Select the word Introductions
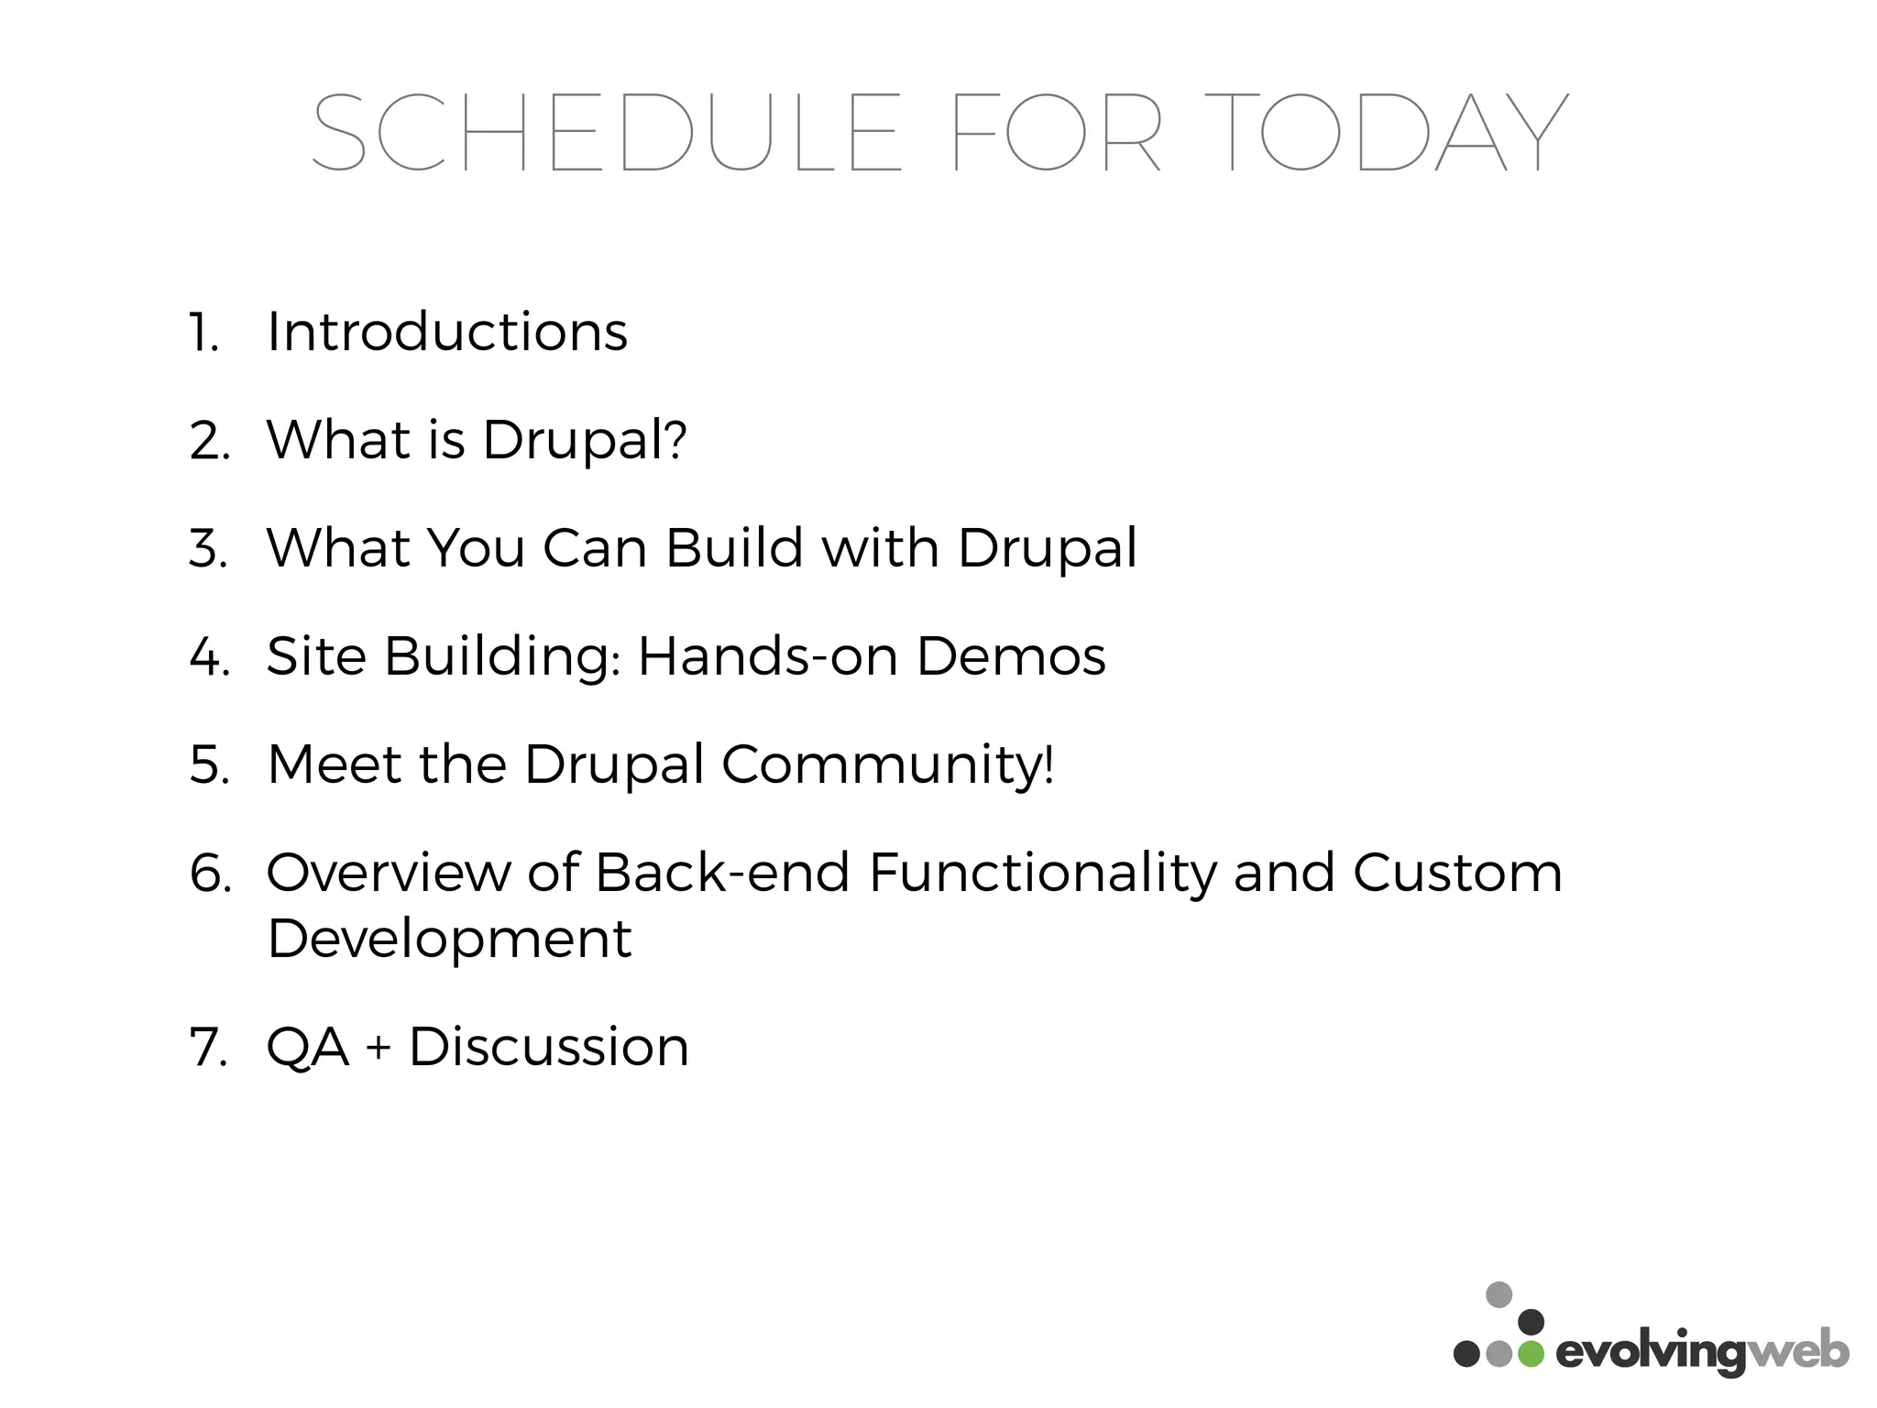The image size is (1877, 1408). pyautogui.click(x=447, y=332)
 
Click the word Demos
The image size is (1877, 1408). pyautogui.click(x=1011, y=656)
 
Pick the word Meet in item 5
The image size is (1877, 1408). pyautogui.click(x=334, y=764)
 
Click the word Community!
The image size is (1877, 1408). pyautogui.click(x=888, y=764)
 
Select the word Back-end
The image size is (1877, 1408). pyautogui.click(x=722, y=873)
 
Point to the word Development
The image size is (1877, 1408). pyautogui.click(x=449, y=939)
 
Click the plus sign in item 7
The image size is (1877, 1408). pyautogui.click(x=378, y=1048)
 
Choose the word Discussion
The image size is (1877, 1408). pyautogui.click(x=548, y=1047)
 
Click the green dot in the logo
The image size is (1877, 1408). pyautogui.click(x=1531, y=1353)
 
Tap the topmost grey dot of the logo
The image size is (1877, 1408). pyautogui.click(x=1498, y=1294)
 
